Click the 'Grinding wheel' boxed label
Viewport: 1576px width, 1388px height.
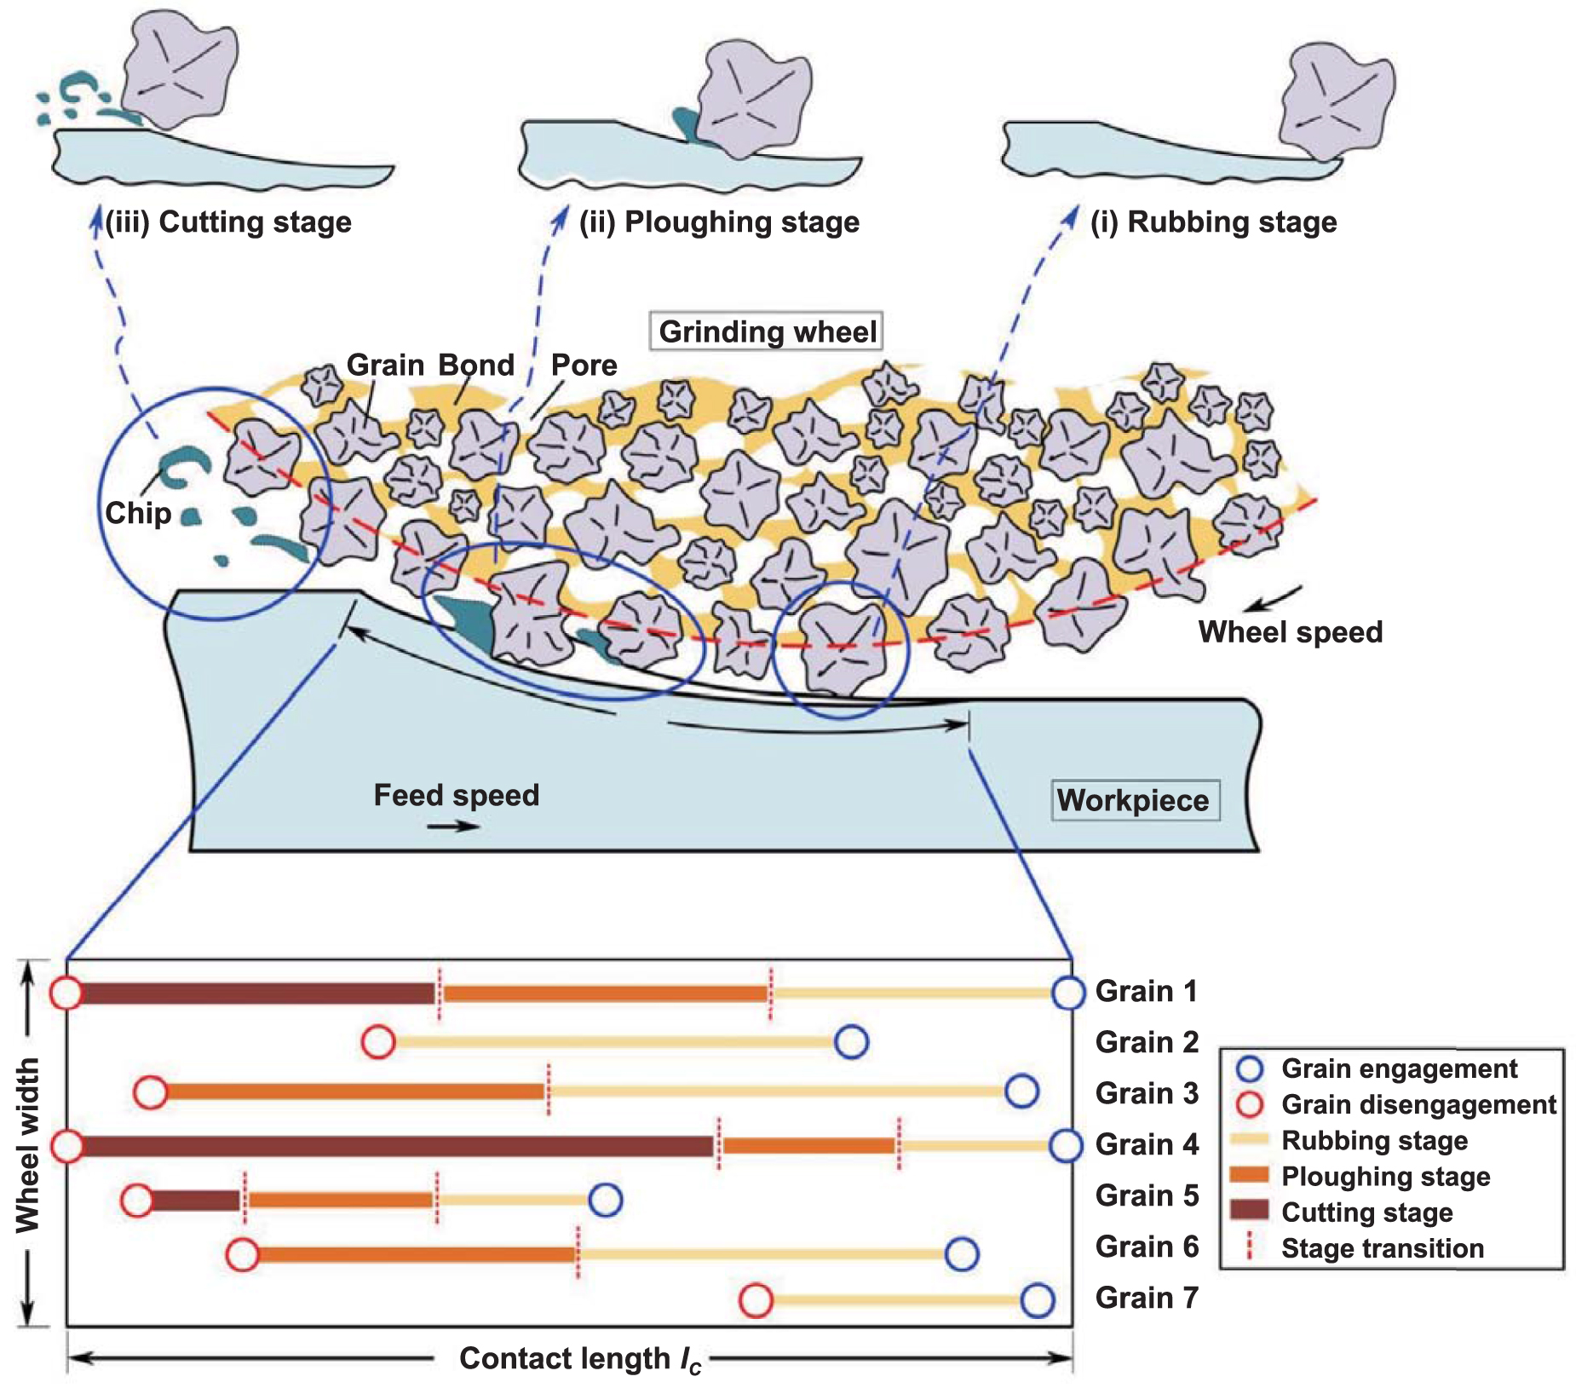coord(767,331)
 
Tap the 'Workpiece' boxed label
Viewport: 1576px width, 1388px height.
coord(1134,800)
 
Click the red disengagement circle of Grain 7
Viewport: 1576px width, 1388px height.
coord(756,1301)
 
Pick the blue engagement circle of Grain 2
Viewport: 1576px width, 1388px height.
coord(851,1041)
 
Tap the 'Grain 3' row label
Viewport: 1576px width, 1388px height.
coord(1147,1093)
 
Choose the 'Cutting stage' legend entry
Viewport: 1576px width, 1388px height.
coord(1366,1212)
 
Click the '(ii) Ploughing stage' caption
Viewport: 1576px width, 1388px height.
coord(719,222)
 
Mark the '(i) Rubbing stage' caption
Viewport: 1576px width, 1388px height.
coord(1213,222)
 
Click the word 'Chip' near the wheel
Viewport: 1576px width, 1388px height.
coord(138,513)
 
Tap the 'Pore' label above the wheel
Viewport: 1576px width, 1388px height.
coord(584,365)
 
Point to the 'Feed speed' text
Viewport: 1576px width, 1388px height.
coord(457,795)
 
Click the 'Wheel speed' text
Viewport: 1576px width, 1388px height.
coord(1290,632)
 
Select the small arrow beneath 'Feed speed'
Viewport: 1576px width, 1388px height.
coord(453,826)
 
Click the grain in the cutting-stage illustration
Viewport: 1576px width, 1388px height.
coord(179,68)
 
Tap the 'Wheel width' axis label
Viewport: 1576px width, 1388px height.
coord(27,1144)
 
